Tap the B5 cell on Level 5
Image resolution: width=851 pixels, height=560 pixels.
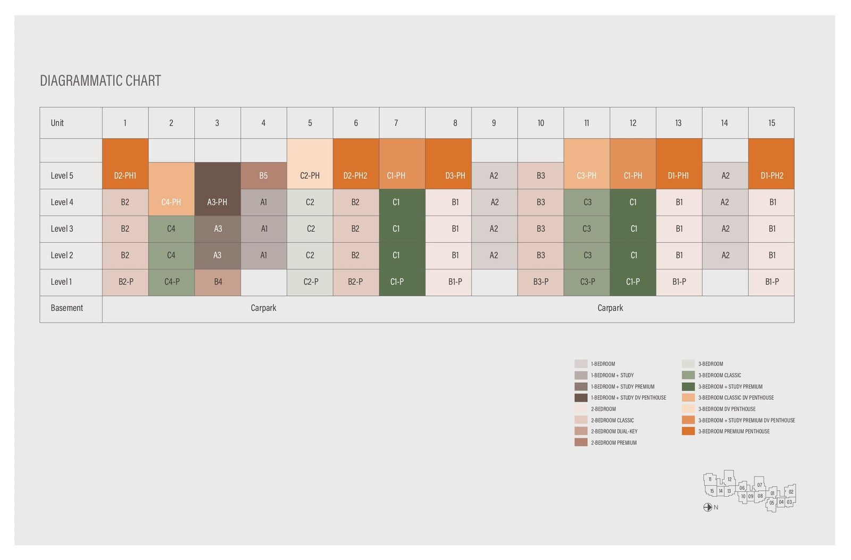coord(263,175)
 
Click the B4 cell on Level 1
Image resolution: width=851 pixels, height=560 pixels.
coord(218,282)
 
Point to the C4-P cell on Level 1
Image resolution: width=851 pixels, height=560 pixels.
coord(171,282)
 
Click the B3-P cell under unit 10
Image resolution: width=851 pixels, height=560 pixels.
coord(540,282)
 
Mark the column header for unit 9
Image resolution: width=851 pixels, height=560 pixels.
coord(494,123)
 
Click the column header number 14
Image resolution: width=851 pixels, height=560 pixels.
coord(724,123)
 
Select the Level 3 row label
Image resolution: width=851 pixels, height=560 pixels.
coord(62,229)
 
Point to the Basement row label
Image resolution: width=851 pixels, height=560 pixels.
coord(66,308)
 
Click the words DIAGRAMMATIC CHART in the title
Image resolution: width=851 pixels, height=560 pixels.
coord(101,81)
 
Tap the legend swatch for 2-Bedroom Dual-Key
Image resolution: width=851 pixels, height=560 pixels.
coord(581,431)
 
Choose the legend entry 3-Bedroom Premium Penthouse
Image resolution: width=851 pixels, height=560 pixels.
coord(733,431)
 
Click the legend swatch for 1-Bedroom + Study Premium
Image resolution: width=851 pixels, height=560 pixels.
coord(581,387)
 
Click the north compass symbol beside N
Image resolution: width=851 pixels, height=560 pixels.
coord(707,507)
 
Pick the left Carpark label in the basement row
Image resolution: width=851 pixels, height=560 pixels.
coord(263,308)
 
